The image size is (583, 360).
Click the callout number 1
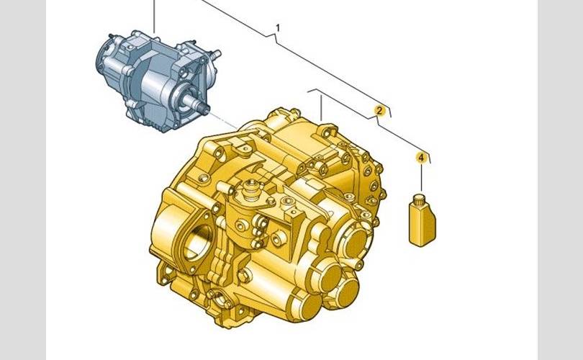[x=278, y=27]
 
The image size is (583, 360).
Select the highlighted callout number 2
[x=379, y=110]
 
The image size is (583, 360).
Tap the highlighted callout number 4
[x=421, y=158]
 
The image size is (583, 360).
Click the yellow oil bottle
[x=422, y=220]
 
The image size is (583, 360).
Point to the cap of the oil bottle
[x=419, y=198]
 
